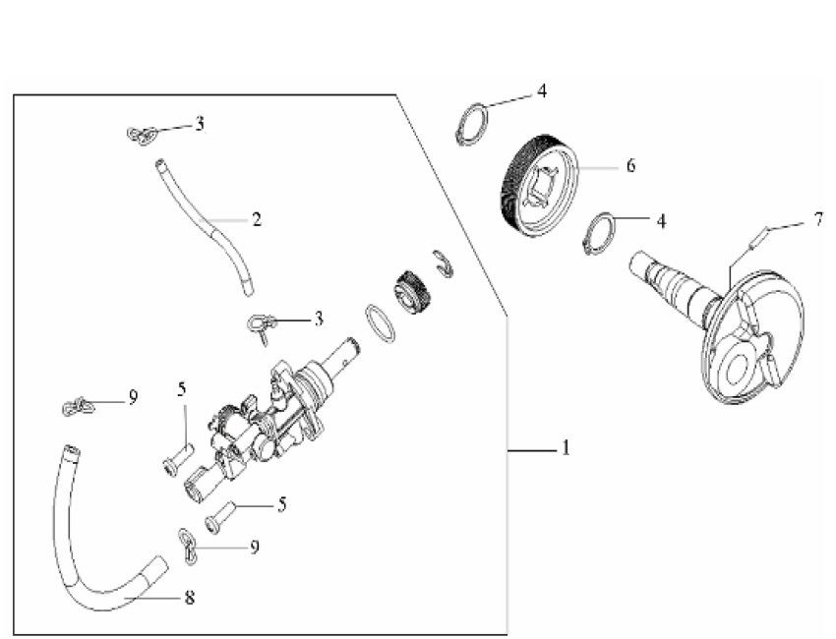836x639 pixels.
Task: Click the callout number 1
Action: [566, 448]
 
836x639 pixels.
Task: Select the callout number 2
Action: [257, 219]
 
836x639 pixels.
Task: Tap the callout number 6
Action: [629, 166]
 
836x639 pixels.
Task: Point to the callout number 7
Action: [818, 218]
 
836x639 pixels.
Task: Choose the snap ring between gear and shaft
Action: [599, 235]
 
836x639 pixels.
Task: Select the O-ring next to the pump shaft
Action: [380, 322]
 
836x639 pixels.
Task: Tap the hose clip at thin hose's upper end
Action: [144, 134]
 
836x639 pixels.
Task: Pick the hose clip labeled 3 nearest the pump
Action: [260, 324]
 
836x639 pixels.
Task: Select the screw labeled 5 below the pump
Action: [219, 515]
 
